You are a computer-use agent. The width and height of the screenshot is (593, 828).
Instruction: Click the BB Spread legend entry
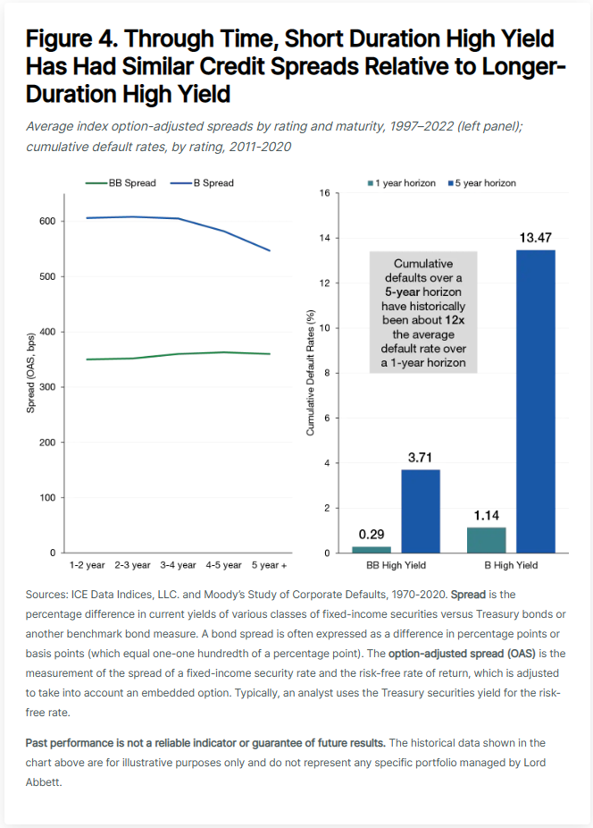121,183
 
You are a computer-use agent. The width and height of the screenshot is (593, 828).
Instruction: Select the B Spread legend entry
202,183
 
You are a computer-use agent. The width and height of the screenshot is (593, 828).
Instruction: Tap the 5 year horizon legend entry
482,183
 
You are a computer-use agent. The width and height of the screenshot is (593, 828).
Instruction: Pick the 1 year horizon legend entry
402,183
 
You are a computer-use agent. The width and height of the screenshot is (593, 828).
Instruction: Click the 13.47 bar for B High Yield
536,401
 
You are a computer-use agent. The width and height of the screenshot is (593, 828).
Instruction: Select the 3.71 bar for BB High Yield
421,511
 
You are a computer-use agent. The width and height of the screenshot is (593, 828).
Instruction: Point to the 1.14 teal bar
487,540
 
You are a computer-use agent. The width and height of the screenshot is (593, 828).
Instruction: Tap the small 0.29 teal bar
372,550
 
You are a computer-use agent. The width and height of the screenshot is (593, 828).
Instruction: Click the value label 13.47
536,238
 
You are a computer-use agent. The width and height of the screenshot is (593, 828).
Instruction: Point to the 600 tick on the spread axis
47,221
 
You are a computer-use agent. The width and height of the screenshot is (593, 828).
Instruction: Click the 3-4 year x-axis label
179,565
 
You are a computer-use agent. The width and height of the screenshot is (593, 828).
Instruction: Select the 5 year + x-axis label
269,565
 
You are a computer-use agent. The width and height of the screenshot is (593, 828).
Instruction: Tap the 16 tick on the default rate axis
324,193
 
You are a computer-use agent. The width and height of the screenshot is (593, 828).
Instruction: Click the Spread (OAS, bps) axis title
30,373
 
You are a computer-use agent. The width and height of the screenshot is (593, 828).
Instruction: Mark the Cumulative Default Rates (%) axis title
310,373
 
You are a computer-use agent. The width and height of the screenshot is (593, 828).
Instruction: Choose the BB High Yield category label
397,565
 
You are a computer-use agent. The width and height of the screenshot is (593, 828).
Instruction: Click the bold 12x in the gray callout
455,320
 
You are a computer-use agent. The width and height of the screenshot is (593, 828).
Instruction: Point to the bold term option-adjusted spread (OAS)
462,654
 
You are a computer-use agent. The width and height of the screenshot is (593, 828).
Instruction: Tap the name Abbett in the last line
43,782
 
